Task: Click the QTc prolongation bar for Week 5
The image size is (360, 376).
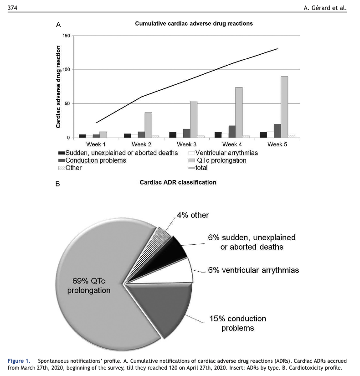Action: (284, 107)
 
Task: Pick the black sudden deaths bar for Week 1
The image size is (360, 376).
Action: (82, 136)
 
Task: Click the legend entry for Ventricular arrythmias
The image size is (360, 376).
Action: (226, 153)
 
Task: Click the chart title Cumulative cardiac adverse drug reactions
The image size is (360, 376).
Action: (194, 23)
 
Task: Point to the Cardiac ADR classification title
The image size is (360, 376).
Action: (178, 182)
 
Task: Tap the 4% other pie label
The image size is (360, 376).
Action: (193, 215)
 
